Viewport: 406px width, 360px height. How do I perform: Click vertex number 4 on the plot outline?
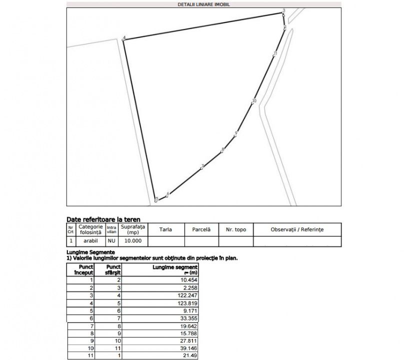[x=123, y=38]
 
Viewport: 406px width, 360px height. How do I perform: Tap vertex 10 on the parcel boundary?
[x=254, y=101]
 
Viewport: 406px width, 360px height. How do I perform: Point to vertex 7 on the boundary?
[x=202, y=166]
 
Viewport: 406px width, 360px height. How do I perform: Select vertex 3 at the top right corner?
[x=283, y=11]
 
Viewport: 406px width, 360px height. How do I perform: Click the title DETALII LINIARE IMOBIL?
[x=203, y=4]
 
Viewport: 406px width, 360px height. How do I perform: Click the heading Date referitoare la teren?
[x=103, y=219]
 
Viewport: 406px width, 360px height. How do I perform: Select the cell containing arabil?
[x=90, y=241]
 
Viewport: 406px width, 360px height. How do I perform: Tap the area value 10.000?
[x=132, y=241]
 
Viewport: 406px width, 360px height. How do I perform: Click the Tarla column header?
[x=165, y=229]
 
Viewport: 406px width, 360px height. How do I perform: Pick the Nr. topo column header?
[x=236, y=229]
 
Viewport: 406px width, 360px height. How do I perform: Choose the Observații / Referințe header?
[x=297, y=229]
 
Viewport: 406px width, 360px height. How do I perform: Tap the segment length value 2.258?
[x=190, y=288]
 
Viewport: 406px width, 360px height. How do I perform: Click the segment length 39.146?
[x=189, y=348]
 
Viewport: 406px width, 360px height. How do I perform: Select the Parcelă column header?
[x=201, y=229]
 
